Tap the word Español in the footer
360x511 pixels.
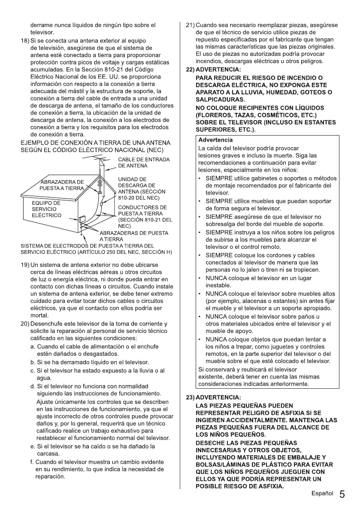[x=322, y=494]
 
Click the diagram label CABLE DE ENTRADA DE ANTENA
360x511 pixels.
[x=143, y=163]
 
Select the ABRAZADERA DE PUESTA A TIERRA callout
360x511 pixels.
[x=62, y=185]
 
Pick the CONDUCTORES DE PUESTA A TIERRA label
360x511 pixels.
[x=145, y=217]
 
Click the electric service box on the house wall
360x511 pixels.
[x=82, y=220]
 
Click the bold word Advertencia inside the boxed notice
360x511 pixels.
[x=216, y=140]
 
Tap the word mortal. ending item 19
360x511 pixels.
[x=40, y=316]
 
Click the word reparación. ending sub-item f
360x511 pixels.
[x=50, y=477]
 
